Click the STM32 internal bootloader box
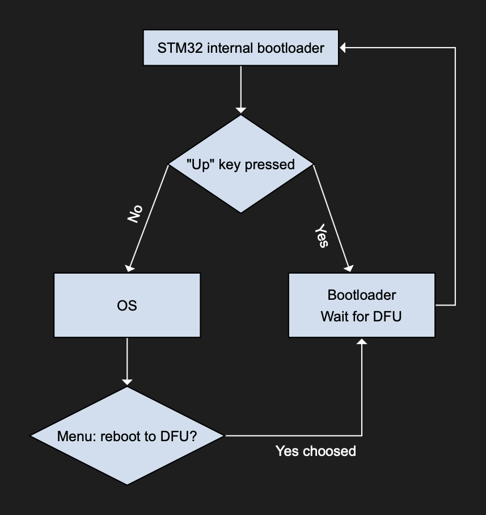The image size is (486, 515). click(x=240, y=48)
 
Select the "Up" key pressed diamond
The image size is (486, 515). click(x=241, y=165)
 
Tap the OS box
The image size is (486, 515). click(x=127, y=305)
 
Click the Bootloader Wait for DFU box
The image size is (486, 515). click(x=361, y=305)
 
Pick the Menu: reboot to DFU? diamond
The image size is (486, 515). click(x=127, y=436)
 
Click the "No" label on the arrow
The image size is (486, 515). click(x=134, y=213)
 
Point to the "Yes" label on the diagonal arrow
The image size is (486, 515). click(x=321, y=235)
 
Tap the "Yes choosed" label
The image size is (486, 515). click(x=315, y=451)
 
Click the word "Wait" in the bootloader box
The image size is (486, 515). click(x=334, y=316)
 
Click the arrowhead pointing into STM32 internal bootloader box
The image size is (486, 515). click(x=344, y=48)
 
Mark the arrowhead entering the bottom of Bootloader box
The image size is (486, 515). click(x=362, y=342)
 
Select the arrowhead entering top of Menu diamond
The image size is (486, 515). click(x=127, y=382)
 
